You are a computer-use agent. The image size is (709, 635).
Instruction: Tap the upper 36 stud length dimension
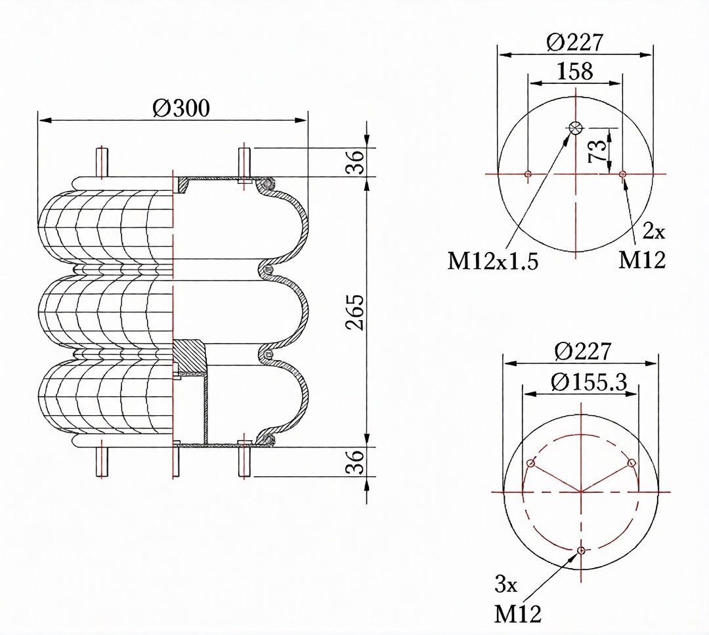pos(354,162)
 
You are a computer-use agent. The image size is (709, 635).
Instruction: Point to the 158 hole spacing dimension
pos(574,71)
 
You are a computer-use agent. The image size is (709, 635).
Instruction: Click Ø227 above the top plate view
pos(574,43)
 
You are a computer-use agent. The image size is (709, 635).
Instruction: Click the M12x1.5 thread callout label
pos(492,261)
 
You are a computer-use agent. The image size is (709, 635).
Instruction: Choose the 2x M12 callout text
pos(643,247)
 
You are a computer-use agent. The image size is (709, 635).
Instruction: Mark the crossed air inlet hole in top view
pos(576,129)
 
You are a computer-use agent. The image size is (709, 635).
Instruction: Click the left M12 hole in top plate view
pos(528,174)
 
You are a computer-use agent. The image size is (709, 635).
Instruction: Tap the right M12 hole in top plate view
pos(622,174)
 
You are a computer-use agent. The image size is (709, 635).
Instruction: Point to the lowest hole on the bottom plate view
pos(581,550)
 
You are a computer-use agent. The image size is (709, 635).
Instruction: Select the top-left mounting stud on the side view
pos(102,162)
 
